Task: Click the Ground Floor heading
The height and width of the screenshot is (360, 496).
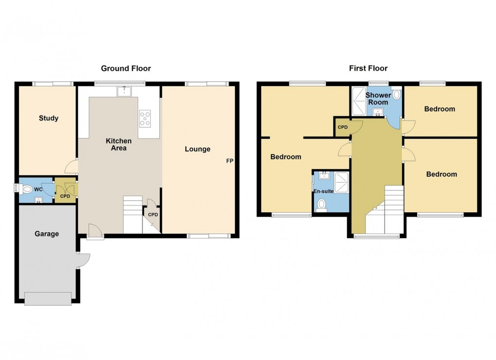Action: tap(126, 69)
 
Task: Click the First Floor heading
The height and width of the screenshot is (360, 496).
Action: tap(368, 69)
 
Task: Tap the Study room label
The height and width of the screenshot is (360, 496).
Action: tap(49, 118)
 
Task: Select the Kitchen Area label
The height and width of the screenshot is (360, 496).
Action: tap(119, 144)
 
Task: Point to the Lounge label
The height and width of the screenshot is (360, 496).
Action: tap(197, 149)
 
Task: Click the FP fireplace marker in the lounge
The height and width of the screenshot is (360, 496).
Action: tap(230, 161)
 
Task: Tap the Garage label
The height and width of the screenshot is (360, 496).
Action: tap(47, 234)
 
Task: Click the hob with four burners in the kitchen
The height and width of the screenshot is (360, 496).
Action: tap(145, 118)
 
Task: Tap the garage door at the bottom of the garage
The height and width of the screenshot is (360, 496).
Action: tap(48, 298)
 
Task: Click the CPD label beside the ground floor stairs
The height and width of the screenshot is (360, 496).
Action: tap(153, 214)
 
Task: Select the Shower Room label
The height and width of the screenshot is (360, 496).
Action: tap(378, 99)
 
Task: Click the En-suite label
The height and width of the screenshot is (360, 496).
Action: tap(323, 191)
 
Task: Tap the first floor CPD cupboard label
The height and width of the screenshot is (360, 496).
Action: tap(343, 127)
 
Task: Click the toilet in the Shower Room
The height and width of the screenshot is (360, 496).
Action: tap(396, 95)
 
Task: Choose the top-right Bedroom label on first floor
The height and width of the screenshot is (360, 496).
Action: tap(440, 109)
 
